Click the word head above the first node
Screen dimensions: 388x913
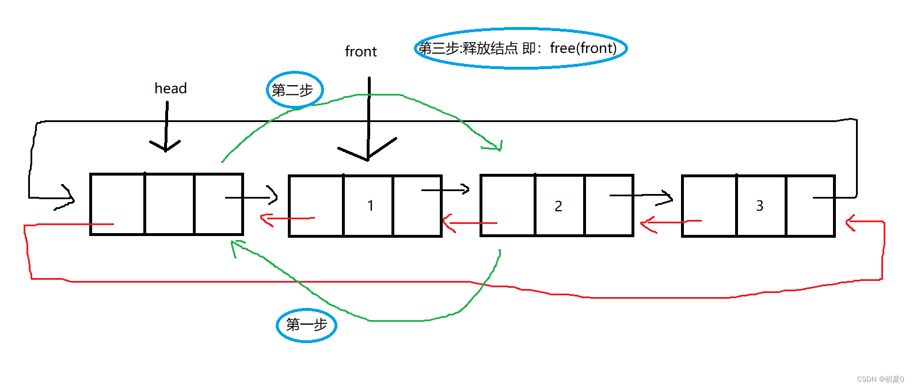(170, 88)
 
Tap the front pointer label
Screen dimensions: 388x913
(361, 52)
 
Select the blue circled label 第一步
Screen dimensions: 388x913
(306, 325)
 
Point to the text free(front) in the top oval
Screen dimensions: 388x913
(583, 48)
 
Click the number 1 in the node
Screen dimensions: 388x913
(370, 206)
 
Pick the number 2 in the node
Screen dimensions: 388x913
(558, 206)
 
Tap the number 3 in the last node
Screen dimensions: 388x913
(759, 206)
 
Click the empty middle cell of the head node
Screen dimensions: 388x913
(169, 204)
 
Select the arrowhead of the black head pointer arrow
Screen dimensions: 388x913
(165, 147)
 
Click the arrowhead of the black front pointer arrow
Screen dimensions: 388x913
(367, 154)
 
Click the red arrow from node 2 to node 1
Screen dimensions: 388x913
(469, 223)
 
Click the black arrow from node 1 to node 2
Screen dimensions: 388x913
(446, 189)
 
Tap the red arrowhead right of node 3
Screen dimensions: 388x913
(850, 222)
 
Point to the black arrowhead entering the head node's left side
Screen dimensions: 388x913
(68, 198)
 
